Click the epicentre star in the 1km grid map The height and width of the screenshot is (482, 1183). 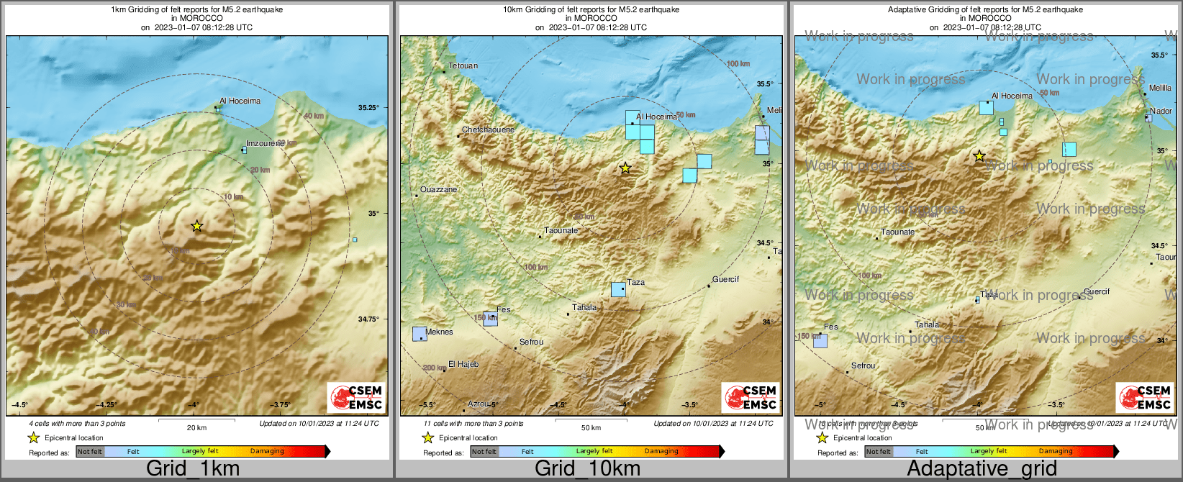click(197, 226)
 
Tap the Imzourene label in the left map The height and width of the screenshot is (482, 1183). click(265, 143)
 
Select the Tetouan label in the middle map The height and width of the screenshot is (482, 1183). click(463, 66)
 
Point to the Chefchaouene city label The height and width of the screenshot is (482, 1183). click(488, 130)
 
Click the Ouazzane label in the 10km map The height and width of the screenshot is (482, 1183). click(438, 190)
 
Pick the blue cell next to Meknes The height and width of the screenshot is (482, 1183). click(420, 334)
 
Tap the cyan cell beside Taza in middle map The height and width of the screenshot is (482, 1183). click(618, 289)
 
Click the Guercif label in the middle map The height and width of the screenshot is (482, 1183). click(725, 279)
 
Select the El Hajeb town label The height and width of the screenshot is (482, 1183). click(463, 364)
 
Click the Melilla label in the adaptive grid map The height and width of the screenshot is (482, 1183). click(1160, 88)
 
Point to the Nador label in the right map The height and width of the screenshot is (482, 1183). click(1161, 111)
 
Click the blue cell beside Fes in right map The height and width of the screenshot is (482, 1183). click(820, 341)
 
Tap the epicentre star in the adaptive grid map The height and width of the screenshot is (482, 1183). click(979, 156)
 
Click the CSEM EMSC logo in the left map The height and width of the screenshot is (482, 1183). click(356, 397)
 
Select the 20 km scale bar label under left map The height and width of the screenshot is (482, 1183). click(196, 428)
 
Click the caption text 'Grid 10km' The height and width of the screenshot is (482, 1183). click(587, 468)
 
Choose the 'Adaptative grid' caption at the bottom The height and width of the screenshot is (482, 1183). click(982, 468)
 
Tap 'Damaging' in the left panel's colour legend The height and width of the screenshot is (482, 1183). click(267, 451)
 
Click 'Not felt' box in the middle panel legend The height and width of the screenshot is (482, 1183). click(484, 452)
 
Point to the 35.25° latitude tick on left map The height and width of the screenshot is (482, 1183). click(368, 108)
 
